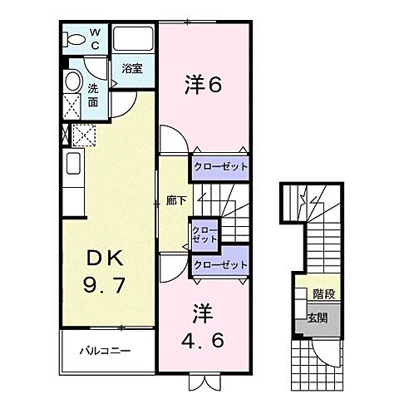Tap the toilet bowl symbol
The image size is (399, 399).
pyautogui.click(x=75, y=38)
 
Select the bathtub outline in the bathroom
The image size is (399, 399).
pyautogui.click(x=134, y=41)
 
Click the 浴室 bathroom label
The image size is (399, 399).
pyautogui.click(x=132, y=68)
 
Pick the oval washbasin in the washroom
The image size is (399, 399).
pyautogui.click(x=72, y=82)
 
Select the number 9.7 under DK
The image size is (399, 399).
pyautogui.click(x=102, y=288)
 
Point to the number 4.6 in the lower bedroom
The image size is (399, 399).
pyautogui.click(x=204, y=341)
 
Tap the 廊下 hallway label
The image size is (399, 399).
pyautogui.click(x=176, y=200)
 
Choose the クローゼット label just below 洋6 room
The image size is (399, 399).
pyautogui.click(x=220, y=167)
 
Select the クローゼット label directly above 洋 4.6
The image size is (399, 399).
pyautogui.click(x=220, y=265)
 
